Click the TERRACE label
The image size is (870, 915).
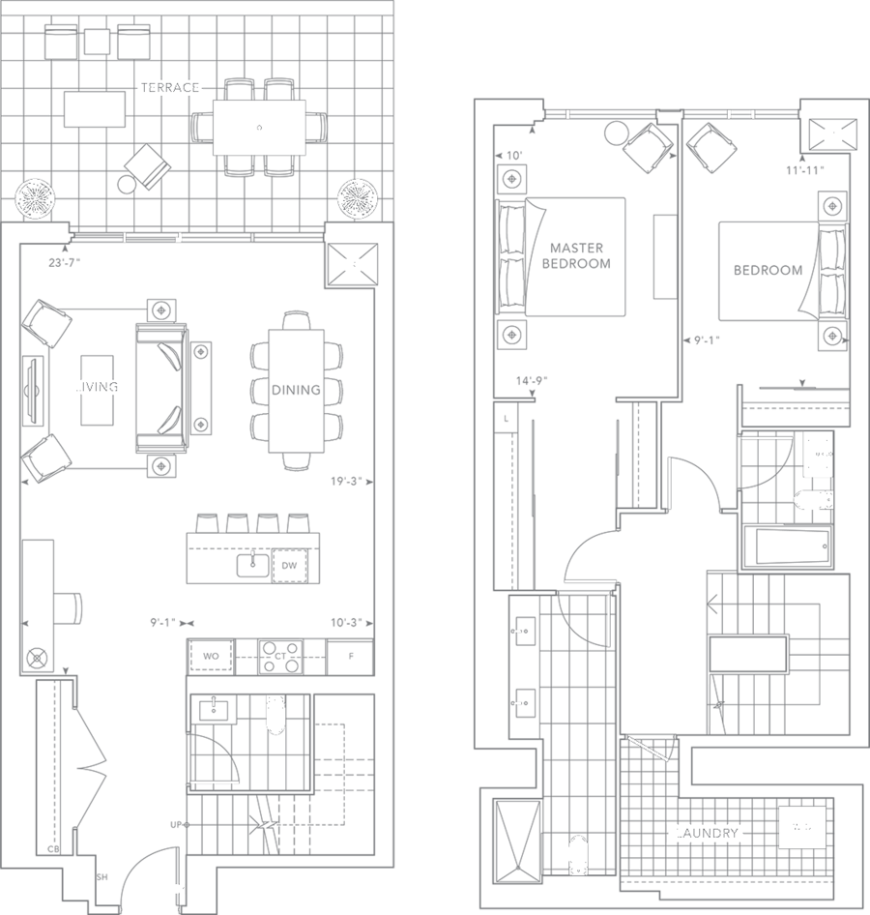[x=169, y=88]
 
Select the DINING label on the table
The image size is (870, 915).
[x=296, y=391]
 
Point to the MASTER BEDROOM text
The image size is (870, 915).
[x=576, y=255]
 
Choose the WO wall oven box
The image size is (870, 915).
[x=211, y=657]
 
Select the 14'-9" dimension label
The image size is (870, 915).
[x=533, y=381]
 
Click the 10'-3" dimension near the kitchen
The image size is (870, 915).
[x=345, y=624]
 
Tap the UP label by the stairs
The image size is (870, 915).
[x=176, y=825]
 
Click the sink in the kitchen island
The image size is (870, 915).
[x=252, y=562]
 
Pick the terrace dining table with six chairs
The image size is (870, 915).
[x=258, y=127]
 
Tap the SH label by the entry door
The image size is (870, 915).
[x=101, y=878]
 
